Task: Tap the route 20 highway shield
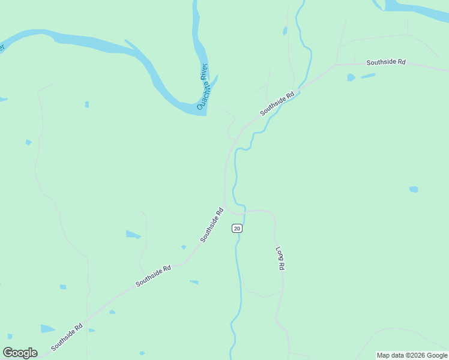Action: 237,228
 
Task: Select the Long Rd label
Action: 280,257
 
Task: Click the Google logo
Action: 20,352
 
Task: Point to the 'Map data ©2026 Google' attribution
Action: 412,355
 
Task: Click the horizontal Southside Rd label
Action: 386,62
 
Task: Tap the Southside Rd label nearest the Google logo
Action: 67,337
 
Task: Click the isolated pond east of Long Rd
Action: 414,190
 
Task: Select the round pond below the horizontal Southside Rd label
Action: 351,77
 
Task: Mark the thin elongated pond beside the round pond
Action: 369,76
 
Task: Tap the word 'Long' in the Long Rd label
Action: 279,253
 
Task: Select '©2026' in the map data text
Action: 417,355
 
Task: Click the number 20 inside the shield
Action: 237,228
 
